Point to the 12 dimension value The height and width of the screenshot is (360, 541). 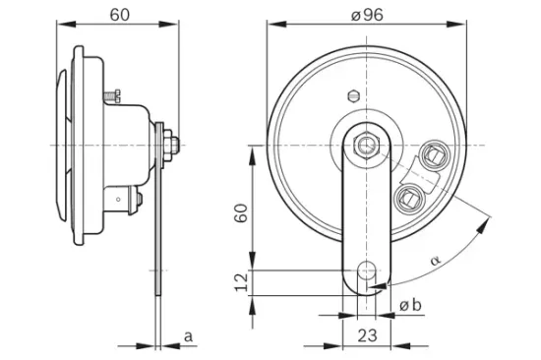(x=240, y=282)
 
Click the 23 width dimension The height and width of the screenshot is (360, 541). (x=368, y=335)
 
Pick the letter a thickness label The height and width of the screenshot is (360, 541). (x=187, y=336)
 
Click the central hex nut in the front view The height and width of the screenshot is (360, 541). (x=367, y=145)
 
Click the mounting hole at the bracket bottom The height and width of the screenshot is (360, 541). (x=367, y=270)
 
